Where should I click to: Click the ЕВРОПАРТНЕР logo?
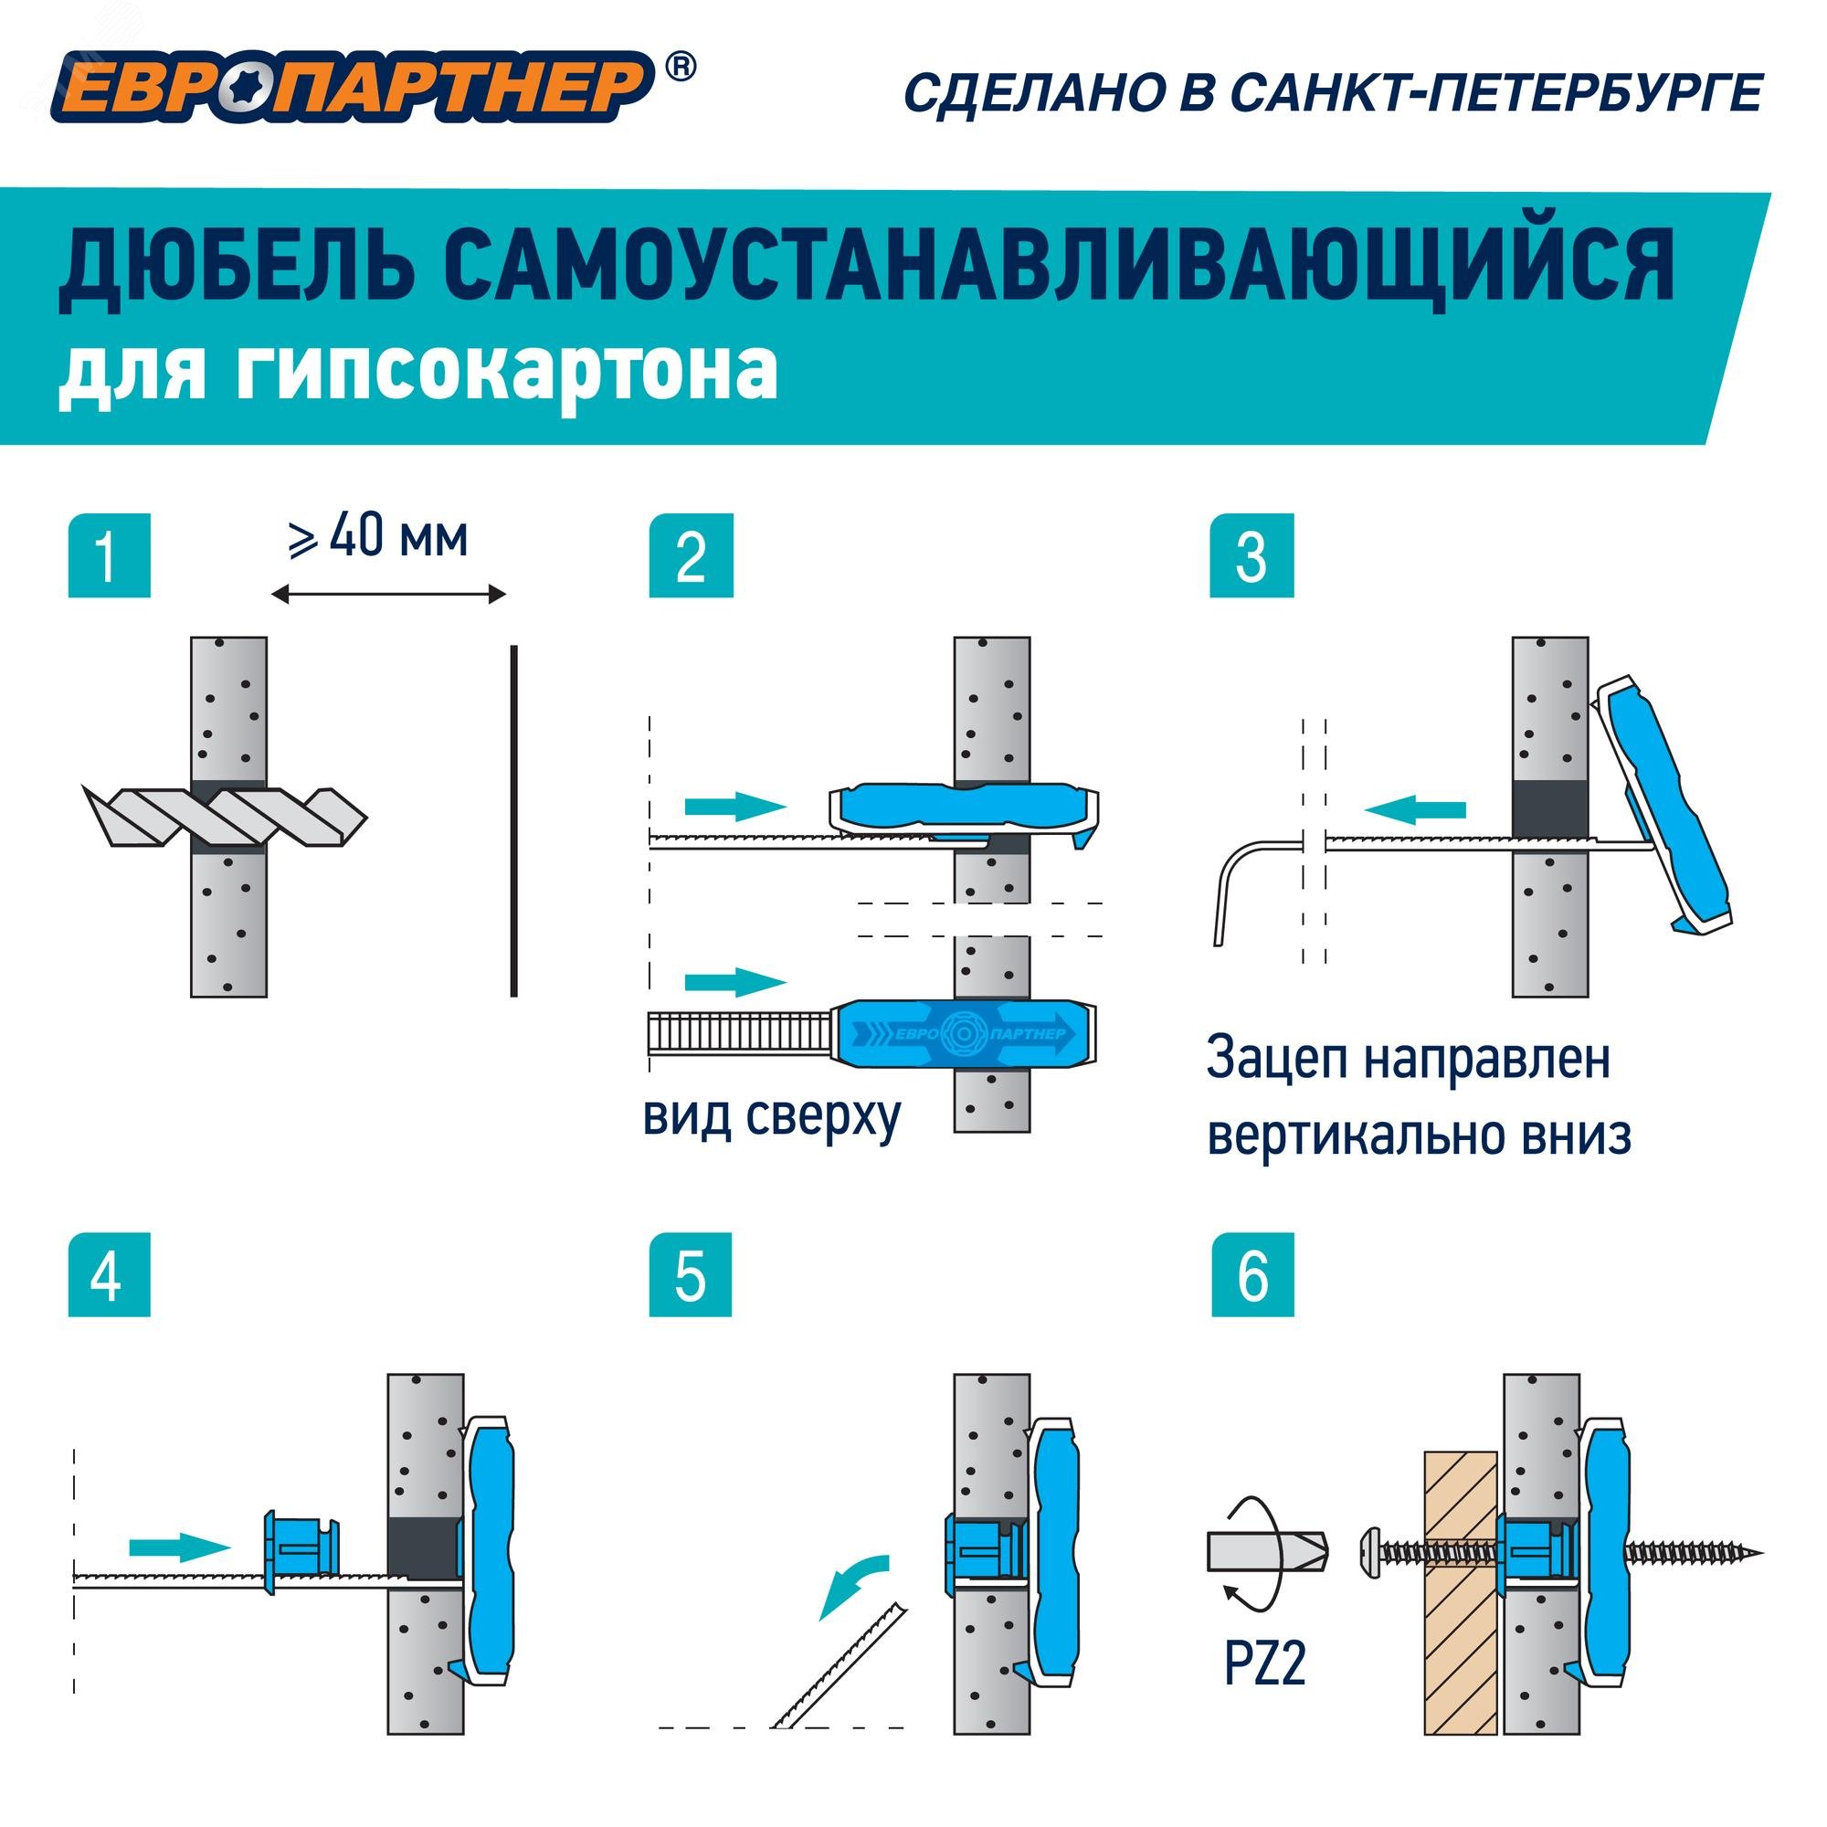click(350, 88)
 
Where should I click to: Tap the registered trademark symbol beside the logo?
click(680, 66)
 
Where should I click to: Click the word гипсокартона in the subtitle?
click(506, 373)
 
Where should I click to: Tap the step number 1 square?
click(109, 555)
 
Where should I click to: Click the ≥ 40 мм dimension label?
click(378, 537)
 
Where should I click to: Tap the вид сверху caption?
click(772, 1117)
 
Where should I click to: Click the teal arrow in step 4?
click(180, 1548)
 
